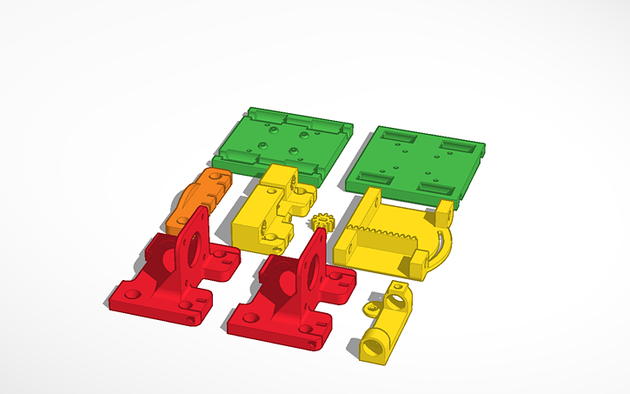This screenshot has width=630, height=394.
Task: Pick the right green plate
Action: pos(417,162)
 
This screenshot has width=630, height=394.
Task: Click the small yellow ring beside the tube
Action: pos(373,307)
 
